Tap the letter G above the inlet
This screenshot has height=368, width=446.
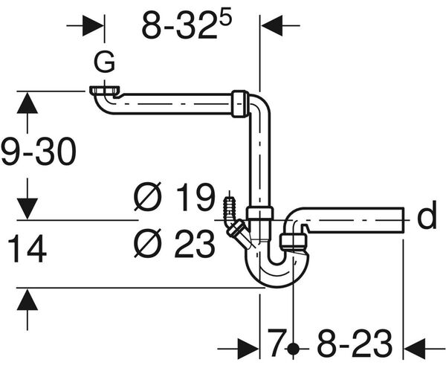pos(106,63)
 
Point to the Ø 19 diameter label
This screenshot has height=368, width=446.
pos(174,198)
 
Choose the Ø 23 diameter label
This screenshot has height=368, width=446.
pos(174,243)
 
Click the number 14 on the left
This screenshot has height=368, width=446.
pos(28,250)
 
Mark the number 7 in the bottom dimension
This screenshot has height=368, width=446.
pos(277,345)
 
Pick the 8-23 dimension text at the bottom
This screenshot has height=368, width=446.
pos(354,345)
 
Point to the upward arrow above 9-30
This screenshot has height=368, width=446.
pos(27,108)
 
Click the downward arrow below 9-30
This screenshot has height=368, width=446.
pos(27,203)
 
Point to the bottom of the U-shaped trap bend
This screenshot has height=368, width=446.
pos(276,280)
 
